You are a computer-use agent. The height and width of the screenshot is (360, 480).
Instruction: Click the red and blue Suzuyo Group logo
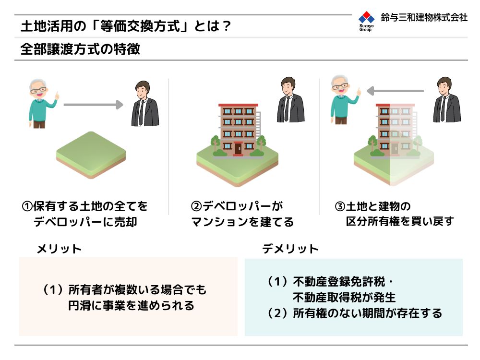pyautogui.click(x=366, y=21)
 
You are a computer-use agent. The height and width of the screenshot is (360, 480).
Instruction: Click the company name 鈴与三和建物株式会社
pyautogui.click(x=424, y=17)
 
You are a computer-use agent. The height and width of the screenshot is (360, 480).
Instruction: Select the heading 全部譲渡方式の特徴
pyautogui.click(x=80, y=49)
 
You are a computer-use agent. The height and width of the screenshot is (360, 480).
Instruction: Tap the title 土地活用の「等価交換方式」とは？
pyautogui.click(x=125, y=26)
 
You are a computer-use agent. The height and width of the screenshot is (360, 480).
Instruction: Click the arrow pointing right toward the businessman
pyautogui.click(x=94, y=105)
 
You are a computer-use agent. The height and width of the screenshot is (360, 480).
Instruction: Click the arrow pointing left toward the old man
pyautogui.click(x=395, y=91)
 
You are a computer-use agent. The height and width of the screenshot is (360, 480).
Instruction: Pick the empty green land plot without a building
pyautogui.click(x=91, y=155)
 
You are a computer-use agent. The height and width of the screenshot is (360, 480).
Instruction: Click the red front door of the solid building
pyautogui.click(x=238, y=149)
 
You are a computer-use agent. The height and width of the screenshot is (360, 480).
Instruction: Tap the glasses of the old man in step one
pyautogui.click(x=38, y=90)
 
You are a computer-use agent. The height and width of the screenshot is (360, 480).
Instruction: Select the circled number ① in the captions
pyautogui.click(x=27, y=206)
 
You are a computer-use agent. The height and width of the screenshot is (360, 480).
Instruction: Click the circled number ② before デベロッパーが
pyautogui.click(x=196, y=206)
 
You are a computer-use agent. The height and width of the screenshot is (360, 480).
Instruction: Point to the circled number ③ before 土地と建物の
pyautogui.click(x=340, y=206)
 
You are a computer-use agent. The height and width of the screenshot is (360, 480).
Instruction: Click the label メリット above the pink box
pyautogui.click(x=59, y=249)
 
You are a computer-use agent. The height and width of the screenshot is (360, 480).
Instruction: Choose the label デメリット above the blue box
pyautogui.click(x=290, y=249)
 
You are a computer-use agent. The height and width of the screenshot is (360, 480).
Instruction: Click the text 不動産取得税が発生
pyautogui.click(x=344, y=297)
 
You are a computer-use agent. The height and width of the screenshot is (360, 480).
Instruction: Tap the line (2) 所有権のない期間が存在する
pyautogui.click(x=355, y=313)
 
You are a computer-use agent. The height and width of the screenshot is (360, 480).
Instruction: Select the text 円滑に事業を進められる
pyautogui.click(x=132, y=305)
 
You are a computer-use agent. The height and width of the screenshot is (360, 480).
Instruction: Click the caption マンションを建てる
pyautogui.click(x=242, y=222)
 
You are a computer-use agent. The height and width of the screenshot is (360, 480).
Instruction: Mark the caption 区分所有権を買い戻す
pyautogui.click(x=400, y=221)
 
